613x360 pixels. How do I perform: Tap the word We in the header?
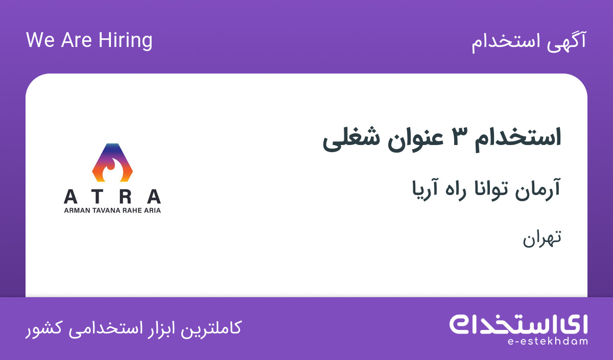40,40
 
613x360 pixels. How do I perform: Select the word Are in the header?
76,40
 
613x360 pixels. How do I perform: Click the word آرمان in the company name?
537,189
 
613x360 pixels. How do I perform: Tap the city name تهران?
542,239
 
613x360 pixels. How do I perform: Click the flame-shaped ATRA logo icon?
112,162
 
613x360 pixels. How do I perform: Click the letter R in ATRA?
125,197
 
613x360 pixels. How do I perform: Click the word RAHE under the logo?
132,210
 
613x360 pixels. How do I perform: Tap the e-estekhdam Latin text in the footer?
548,342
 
